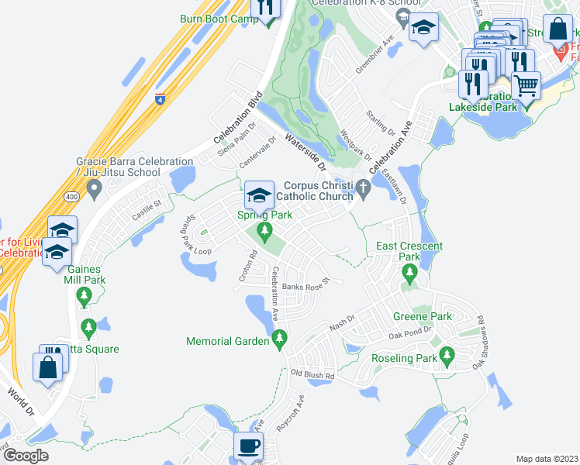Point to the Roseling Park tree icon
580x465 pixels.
(x=446, y=356)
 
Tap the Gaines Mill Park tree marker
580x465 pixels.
(x=85, y=294)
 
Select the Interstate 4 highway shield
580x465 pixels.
(x=160, y=99)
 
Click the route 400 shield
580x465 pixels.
(x=71, y=197)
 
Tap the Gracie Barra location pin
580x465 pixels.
(x=95, y=187)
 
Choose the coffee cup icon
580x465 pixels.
(x=248, y=446)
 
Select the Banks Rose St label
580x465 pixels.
(x=306, y=286)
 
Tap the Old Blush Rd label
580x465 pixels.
(x=312, y=374)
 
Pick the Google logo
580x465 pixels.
(x=27, y=456)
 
